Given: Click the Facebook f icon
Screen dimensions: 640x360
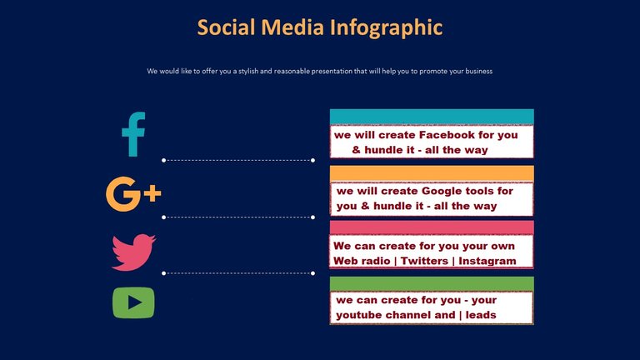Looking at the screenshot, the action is pos(133,134).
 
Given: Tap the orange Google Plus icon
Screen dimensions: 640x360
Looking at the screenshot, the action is pos(133,194).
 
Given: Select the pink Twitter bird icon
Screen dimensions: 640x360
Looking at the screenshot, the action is pos(133,252).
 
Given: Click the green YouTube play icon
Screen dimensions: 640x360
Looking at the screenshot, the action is pos(133,302).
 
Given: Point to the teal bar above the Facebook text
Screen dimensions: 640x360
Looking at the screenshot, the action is pos(432,117).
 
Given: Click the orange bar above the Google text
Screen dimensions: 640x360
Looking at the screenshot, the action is pos(432,174).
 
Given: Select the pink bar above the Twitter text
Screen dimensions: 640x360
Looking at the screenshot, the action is pos(432,227).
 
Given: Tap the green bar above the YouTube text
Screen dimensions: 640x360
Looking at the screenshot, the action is pos(432,284).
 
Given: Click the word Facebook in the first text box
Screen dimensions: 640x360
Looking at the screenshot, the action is pos(447,135).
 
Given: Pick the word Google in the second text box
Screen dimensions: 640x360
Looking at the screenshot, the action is pos(440,191).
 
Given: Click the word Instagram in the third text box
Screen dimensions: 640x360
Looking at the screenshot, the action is pos(487,261).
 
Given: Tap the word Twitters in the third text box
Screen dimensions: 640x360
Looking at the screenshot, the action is pos(424,261).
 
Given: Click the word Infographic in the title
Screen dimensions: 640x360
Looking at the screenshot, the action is pos(386,27).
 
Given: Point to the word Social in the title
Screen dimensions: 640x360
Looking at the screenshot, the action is pos(226,27).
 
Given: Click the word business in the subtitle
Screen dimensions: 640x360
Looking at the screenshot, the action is pos(477,71).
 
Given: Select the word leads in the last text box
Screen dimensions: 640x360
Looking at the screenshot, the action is pos(481,315).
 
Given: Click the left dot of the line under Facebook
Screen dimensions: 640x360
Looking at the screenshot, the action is pos(163,160).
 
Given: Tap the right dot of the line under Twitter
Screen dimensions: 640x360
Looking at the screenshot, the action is pos(313,273).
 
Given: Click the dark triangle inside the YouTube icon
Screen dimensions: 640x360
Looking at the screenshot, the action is pos(134,302).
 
